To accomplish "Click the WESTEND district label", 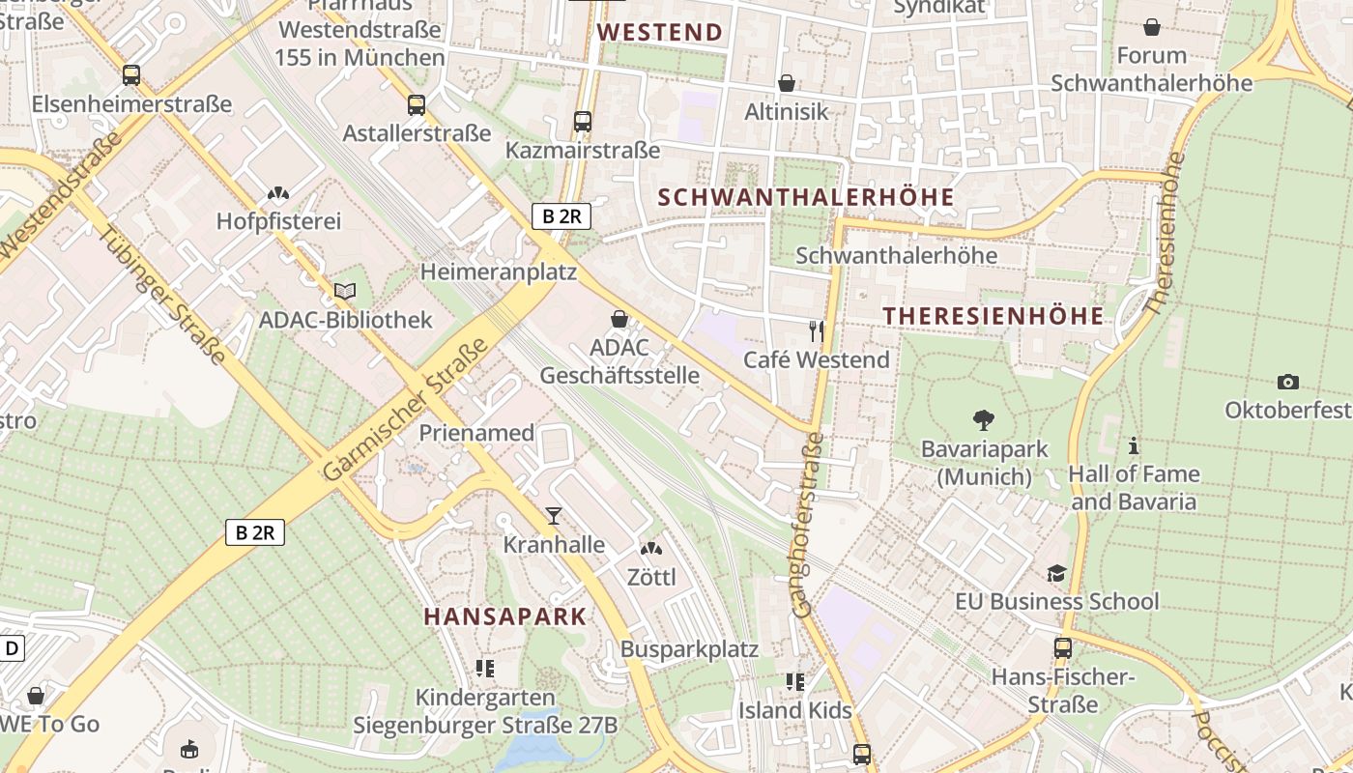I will [x=660, y=32].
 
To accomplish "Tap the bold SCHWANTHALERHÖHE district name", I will [x=806, y=197].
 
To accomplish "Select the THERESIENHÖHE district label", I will [x=993, y=316].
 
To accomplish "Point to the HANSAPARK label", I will [x=505, y=616].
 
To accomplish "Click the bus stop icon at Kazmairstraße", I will [x=582, y=122].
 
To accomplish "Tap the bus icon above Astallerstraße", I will [x=416, y=104].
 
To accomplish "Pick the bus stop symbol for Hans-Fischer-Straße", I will [x=1062, y=648].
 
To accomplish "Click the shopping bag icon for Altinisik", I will [x=787, y=83].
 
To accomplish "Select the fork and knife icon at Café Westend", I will [x=818, y=331].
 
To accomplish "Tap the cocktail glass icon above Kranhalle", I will [x=553, y=516].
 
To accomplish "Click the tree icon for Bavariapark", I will [x=984, y=420].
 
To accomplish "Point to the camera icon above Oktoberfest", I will [x=1287, y=382].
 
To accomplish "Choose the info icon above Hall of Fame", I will [x=1134, y=445].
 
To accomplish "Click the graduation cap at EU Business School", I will [x=1056, y=573].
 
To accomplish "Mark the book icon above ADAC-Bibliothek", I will [x=345, y=290].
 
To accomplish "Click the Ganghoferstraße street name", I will [x=808, y=525].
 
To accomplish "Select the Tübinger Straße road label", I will [x=163, y=295].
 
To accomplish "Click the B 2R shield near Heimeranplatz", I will [x=561, y=215].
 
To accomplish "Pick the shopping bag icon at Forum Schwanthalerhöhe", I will [x=1151, y=27].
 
